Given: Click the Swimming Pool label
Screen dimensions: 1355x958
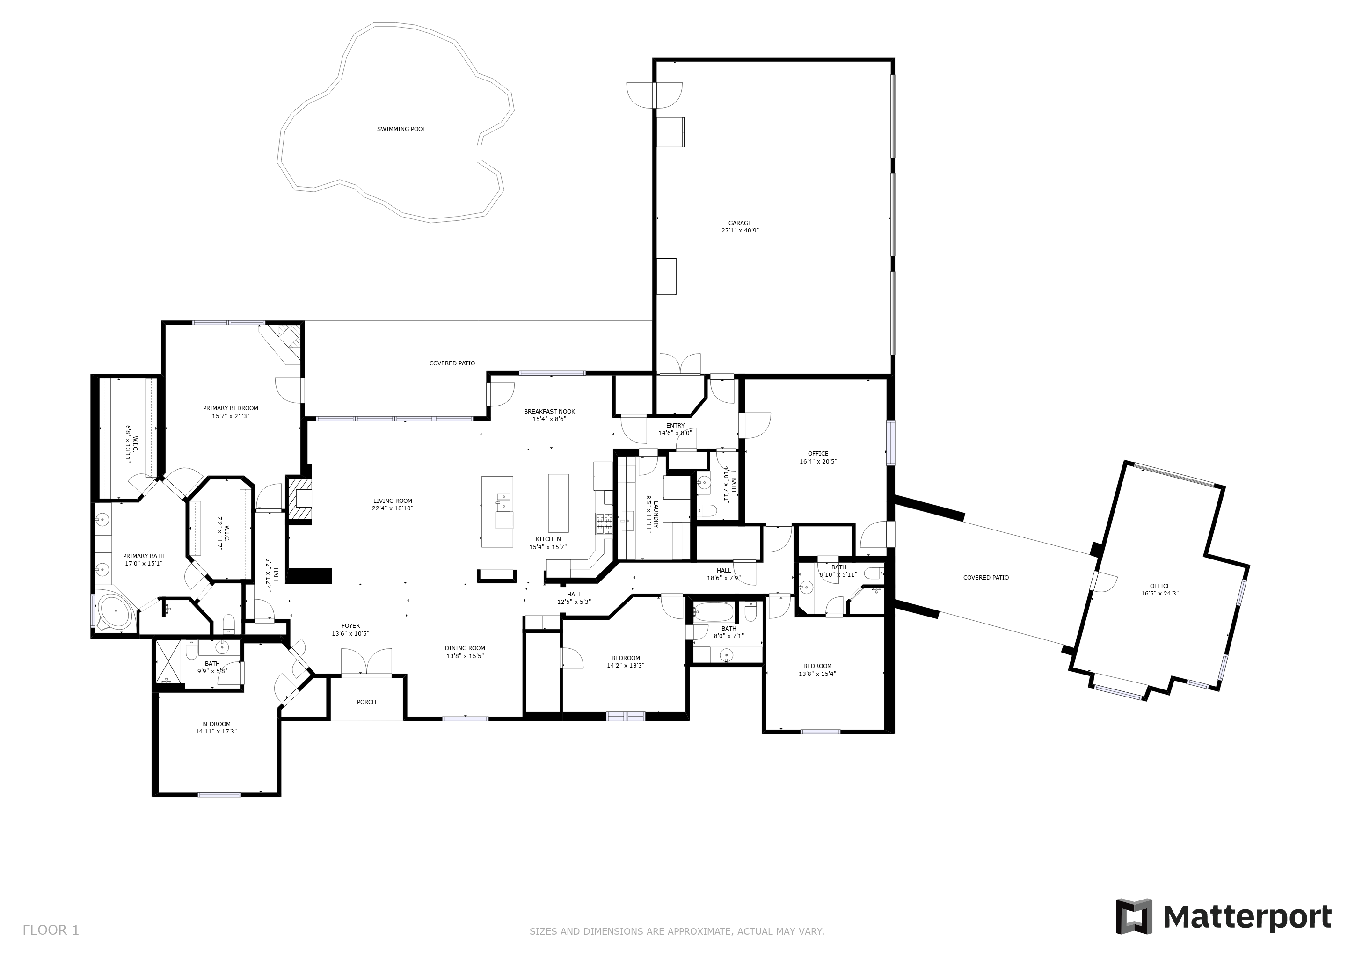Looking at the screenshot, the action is [401, 129].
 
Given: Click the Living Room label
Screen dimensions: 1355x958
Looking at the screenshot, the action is [393, 501].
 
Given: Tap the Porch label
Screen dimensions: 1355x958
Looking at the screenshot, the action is [366, 702].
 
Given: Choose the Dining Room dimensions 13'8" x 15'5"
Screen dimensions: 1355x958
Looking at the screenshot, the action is [465, 656].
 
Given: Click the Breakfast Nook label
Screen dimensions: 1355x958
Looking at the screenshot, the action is [549, 412].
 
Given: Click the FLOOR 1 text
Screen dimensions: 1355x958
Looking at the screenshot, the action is [51, 930].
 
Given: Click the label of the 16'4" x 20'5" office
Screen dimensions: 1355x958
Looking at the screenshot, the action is [818, 454].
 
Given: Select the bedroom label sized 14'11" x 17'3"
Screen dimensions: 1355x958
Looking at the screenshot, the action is [216, 724].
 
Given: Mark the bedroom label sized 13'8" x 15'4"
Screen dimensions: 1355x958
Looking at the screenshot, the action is [817, 666].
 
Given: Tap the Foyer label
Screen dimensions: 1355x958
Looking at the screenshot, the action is [350, 626].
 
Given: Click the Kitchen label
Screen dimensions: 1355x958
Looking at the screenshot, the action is [548, 539].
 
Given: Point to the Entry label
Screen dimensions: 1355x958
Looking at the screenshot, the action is [675, 425].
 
